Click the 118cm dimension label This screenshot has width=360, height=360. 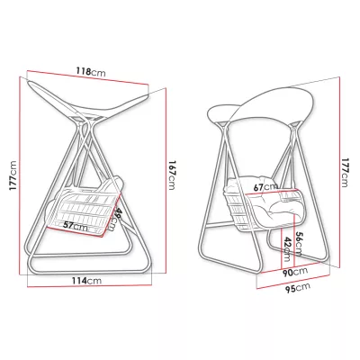coord(91,72)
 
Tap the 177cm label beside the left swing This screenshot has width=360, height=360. coord(13,175)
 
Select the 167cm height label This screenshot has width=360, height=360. coord(171,175)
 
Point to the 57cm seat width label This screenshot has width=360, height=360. coord(75,226)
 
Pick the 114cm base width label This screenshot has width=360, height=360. coord(86,281)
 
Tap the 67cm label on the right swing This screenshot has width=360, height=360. coord(265,187)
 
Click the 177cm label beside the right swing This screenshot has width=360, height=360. coord(344,173)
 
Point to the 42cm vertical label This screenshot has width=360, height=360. coord(287,249)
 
